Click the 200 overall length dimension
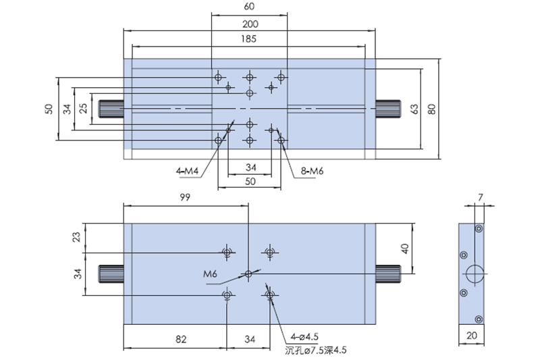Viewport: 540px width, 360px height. (250, 24)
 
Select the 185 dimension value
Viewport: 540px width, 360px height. (248, 39)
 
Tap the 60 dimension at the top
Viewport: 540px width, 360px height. (249, 7)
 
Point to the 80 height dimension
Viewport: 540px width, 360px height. (432, 109)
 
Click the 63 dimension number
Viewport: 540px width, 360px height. (415, 109)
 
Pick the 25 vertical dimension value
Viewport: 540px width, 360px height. (83, 109)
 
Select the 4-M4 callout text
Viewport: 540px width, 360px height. (188, 171)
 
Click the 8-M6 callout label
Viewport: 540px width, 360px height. (312, 171)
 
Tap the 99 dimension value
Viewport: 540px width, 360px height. (185, 197)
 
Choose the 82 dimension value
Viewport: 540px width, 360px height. (181, 339)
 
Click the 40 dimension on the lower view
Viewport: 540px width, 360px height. (405, 249)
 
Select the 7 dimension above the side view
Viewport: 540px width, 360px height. (481, 197)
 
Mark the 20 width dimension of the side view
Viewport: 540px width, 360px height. (471, 335)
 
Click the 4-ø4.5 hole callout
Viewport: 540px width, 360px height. (304, 336)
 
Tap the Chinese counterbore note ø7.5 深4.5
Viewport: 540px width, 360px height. (316, 351)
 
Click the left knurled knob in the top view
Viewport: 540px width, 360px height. (111, 109)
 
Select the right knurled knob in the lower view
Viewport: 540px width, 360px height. (388, 274)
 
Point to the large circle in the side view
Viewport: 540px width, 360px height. (475, 274)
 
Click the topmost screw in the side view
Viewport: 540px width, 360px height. (479, 228)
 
